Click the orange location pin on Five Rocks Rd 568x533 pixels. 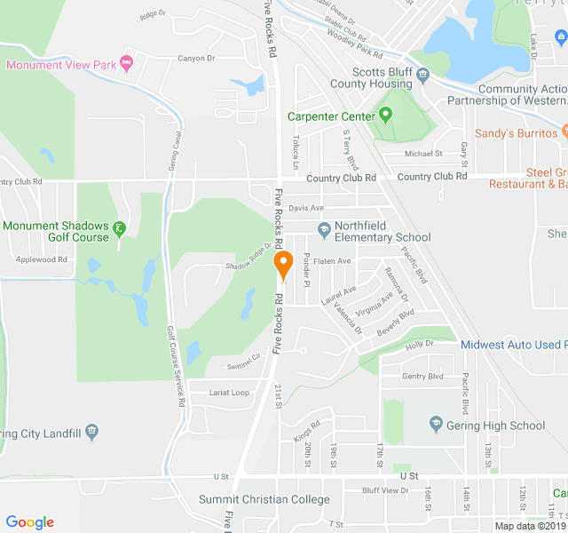coord(284,264)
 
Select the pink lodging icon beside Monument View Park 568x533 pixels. coord(126,63)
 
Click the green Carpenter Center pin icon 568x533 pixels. coord(385,115)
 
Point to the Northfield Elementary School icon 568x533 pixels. coord(324,231)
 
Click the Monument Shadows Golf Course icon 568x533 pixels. coord(118,231)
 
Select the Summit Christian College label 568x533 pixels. coord(264,499)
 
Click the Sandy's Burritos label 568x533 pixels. coord(517,133)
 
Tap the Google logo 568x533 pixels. coord(30,522)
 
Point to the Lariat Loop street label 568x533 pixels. coord(229,393)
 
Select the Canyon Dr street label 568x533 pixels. coord(196,59)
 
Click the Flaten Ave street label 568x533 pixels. coord(332,261)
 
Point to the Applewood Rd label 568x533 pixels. coord(43,259)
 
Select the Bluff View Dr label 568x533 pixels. coord(383,489)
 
